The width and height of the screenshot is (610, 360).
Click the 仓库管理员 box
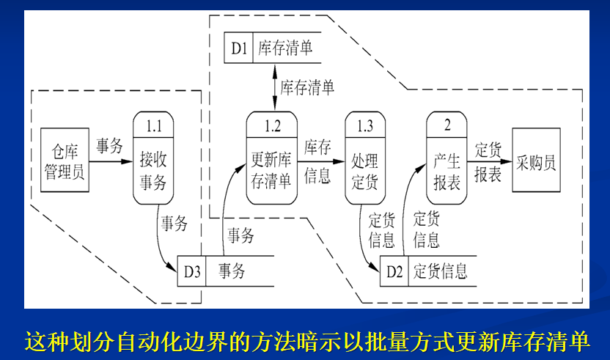65,161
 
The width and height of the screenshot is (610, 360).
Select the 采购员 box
536,161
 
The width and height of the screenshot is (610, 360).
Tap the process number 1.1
153,125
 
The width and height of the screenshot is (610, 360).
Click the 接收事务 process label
153,169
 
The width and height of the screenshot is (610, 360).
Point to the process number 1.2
272,125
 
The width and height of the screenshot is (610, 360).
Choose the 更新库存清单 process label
272,169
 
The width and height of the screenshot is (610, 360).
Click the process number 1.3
364,125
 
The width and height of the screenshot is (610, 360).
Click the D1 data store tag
238,49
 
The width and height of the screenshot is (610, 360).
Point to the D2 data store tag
394,271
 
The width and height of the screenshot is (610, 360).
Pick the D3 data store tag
191,271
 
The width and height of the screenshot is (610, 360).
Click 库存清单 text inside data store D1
286,49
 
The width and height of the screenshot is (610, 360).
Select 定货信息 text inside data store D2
441,271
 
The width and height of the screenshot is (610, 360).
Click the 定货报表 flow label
488,162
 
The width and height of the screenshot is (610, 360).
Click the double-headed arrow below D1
273,87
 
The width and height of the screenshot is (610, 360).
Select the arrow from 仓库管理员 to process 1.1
110,161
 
